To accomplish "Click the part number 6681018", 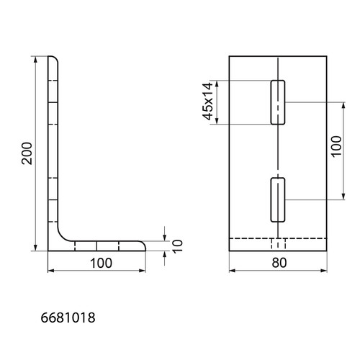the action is coord(68,318).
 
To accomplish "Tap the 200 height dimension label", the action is coord(27,153).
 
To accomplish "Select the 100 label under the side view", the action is coord(101,263).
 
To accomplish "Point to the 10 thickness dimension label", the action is coord(178,246).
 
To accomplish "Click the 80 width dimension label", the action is coord(279,263).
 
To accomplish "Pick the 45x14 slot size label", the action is coord(208,101).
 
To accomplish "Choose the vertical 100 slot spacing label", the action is coord(337,146).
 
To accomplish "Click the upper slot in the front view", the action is coord(278,102).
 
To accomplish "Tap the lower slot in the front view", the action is coord(278,200).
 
